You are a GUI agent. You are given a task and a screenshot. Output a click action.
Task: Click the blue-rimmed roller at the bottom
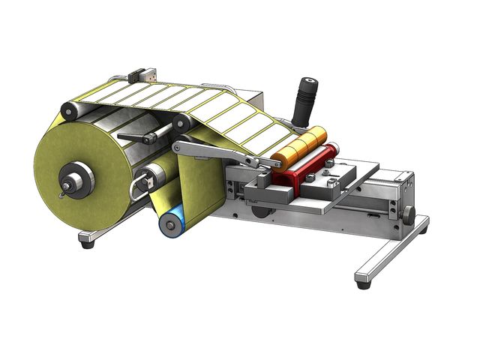pos(169,223)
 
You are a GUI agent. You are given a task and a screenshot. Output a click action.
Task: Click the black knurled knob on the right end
pos(407,215)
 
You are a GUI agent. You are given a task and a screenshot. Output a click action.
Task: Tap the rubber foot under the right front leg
pos(364,284)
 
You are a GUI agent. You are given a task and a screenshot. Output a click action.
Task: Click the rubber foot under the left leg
pos(87,244)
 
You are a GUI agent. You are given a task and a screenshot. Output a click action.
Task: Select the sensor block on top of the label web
pos(142,75)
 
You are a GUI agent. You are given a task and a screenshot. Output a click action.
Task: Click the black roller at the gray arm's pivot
pos(180,122)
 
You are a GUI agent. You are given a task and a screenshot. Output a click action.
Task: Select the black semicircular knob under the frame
pos(259,212)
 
